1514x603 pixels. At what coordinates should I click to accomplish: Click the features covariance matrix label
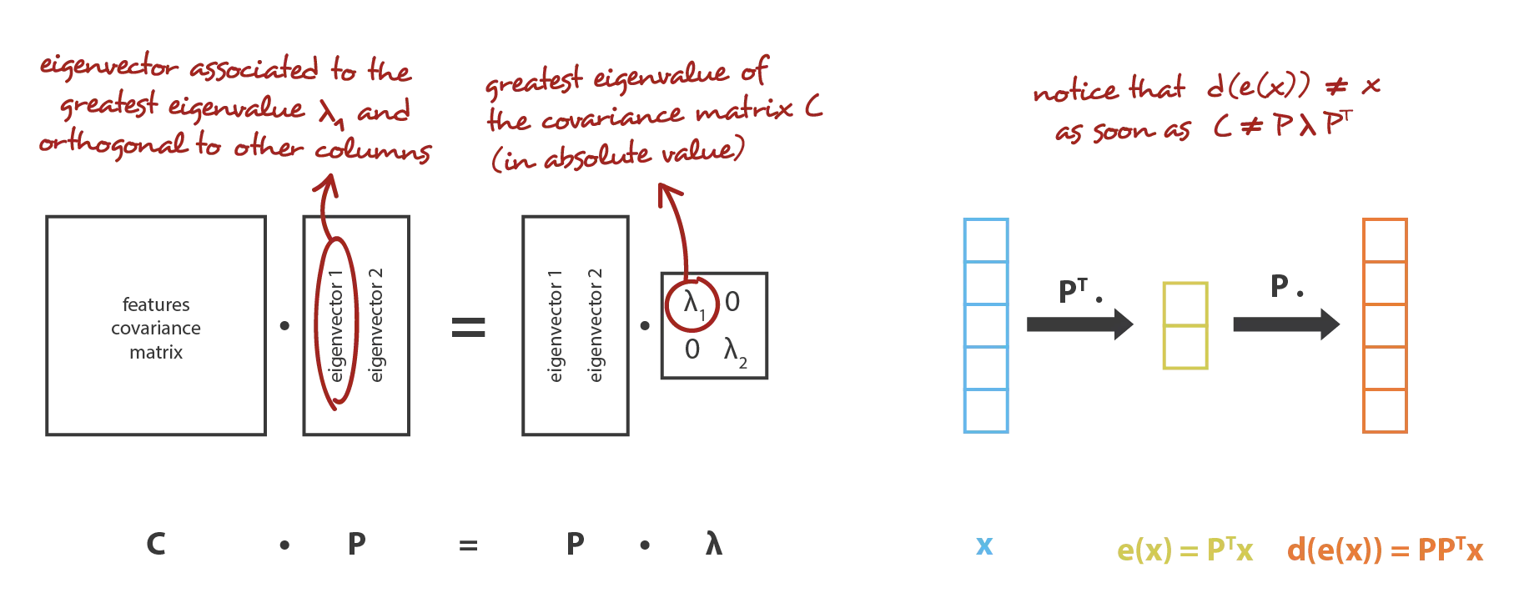156,328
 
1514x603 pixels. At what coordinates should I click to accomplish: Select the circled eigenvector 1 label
336,325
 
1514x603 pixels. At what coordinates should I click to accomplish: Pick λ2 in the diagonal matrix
735,352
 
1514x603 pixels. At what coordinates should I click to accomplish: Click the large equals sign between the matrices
468,327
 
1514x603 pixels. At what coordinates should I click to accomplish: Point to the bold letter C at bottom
156,545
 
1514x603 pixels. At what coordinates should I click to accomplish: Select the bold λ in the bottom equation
713,544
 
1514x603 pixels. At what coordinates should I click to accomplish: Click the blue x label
984,546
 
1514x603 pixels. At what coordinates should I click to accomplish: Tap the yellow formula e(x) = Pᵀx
1185,549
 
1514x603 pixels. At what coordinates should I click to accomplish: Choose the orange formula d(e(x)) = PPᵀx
1385,549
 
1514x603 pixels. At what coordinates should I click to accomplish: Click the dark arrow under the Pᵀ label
1080,324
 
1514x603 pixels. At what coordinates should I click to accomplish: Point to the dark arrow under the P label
1286,324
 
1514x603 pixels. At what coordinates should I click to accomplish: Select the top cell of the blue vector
986,241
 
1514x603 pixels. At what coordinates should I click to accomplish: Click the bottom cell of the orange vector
1385,410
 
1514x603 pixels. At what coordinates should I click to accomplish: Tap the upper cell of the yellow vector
1185,304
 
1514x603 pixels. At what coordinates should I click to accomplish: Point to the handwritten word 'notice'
1075,90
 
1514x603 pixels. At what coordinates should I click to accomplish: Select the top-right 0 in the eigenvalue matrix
732,302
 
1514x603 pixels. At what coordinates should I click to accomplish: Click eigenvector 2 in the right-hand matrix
596,325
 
